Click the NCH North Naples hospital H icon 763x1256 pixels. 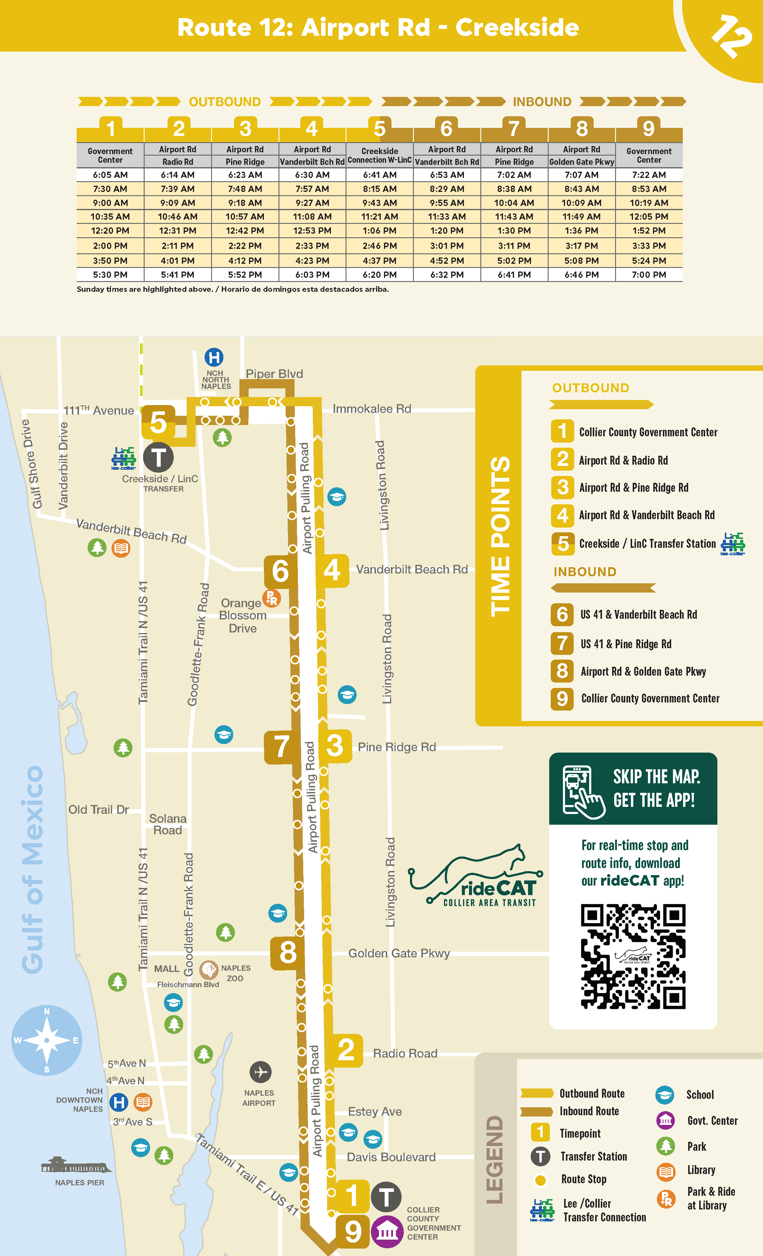(214, 357)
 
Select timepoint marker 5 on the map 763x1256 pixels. (158, 422)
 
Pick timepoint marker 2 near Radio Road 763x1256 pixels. (346, 1050)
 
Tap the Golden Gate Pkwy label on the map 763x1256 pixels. (399, 953)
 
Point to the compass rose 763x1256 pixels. (47, 1040)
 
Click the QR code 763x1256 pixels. (633, 956)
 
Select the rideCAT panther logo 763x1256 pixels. (479, 877)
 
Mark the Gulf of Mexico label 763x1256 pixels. (32, 869)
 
